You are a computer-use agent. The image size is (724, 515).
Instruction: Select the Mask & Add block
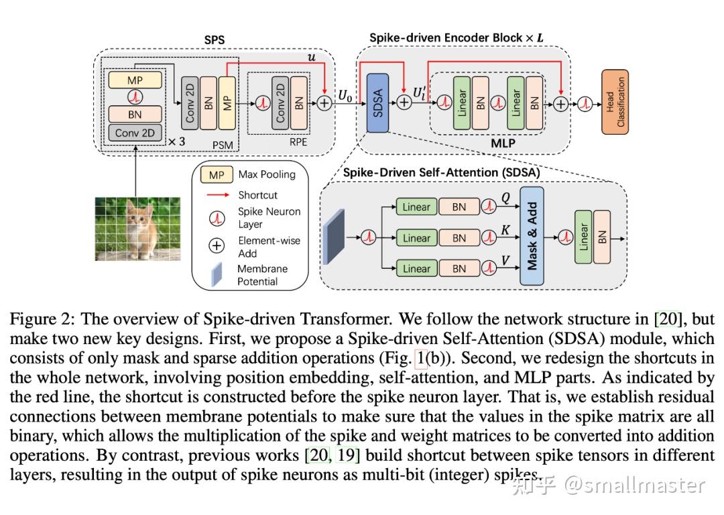pyautogui.click(x=532, y=237)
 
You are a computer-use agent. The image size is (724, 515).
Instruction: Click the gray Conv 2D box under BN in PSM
pyautogui.click(x=135, y=132)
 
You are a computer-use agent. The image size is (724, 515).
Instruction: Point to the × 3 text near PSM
pyautogui.click(x=176, y=141)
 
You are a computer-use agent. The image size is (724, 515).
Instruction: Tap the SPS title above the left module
pyautogui.click(x=214, y=41)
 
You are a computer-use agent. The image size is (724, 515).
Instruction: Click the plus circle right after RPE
pyautogui.click(x=324, y=103)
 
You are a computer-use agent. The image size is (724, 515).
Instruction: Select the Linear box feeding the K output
pyautogui.click(x=416, y=238)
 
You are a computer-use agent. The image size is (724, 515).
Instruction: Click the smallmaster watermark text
pyautogui.click(x=634, y=484)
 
